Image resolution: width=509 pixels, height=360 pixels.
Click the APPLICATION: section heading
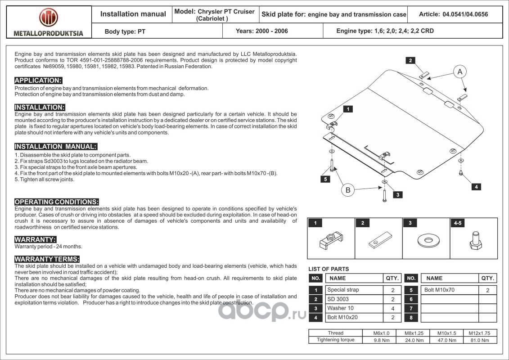coord(38,81)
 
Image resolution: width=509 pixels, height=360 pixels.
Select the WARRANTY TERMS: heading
coord(47,259)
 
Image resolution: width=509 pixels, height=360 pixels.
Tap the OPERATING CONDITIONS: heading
coord(57,202)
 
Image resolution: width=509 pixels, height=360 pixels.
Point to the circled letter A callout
coord(459,72)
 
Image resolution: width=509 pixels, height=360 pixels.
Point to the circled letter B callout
coord(348,190)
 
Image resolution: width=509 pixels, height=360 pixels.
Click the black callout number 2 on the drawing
coord(410,60)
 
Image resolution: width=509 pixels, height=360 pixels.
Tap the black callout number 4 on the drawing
coord(476,187)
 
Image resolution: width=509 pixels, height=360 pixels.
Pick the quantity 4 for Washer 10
coord(393,308)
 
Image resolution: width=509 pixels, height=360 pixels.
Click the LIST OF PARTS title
coord(329,269)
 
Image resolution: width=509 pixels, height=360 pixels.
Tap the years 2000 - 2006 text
coord(262,31)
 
